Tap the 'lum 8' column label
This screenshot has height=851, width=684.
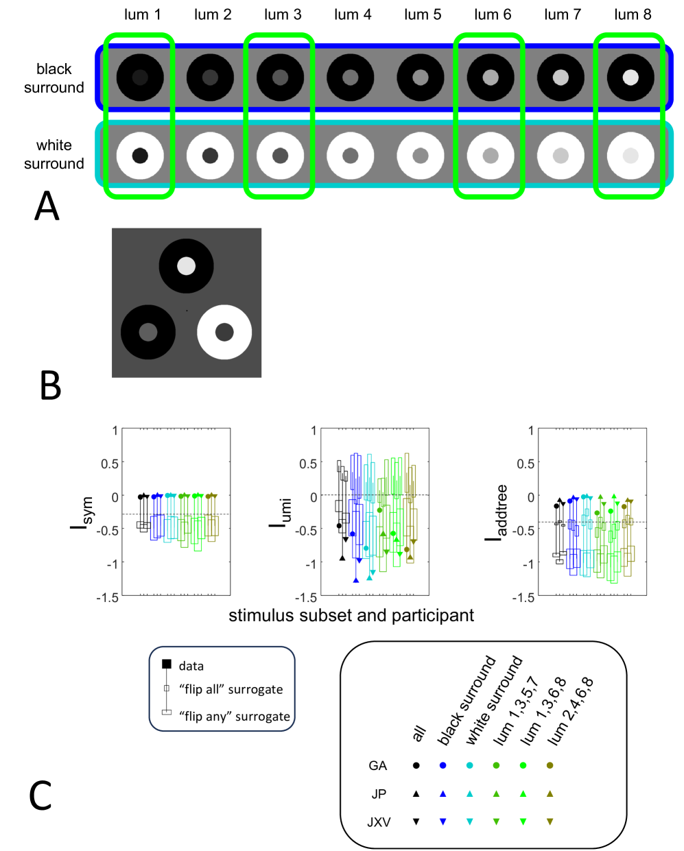coord(633,14)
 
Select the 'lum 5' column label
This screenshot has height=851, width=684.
coord(423,14)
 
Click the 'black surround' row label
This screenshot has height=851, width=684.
coord(54,78)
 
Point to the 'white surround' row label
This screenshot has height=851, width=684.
coord(54,154)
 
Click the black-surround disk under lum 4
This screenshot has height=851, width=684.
coord(350,77)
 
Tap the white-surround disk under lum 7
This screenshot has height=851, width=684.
coord(561,156)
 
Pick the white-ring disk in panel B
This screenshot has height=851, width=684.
coord(224,332)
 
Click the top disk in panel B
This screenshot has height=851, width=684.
coord(186,266)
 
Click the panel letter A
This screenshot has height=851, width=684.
coord(47,206)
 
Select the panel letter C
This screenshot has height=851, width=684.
coord(40,795)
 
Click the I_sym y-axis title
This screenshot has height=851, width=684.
coord(80,513)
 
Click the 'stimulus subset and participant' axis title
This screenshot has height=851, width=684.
coord(351,615)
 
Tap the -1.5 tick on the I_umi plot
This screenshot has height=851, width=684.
coord(307,597)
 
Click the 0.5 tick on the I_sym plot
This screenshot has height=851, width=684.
coord(110,464)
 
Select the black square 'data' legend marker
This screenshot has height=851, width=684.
coord(166,664)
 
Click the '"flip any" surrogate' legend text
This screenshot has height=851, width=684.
coord(235,717)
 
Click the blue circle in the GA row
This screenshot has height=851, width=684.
coord(443,765)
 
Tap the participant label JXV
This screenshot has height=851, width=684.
coord(379,822)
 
